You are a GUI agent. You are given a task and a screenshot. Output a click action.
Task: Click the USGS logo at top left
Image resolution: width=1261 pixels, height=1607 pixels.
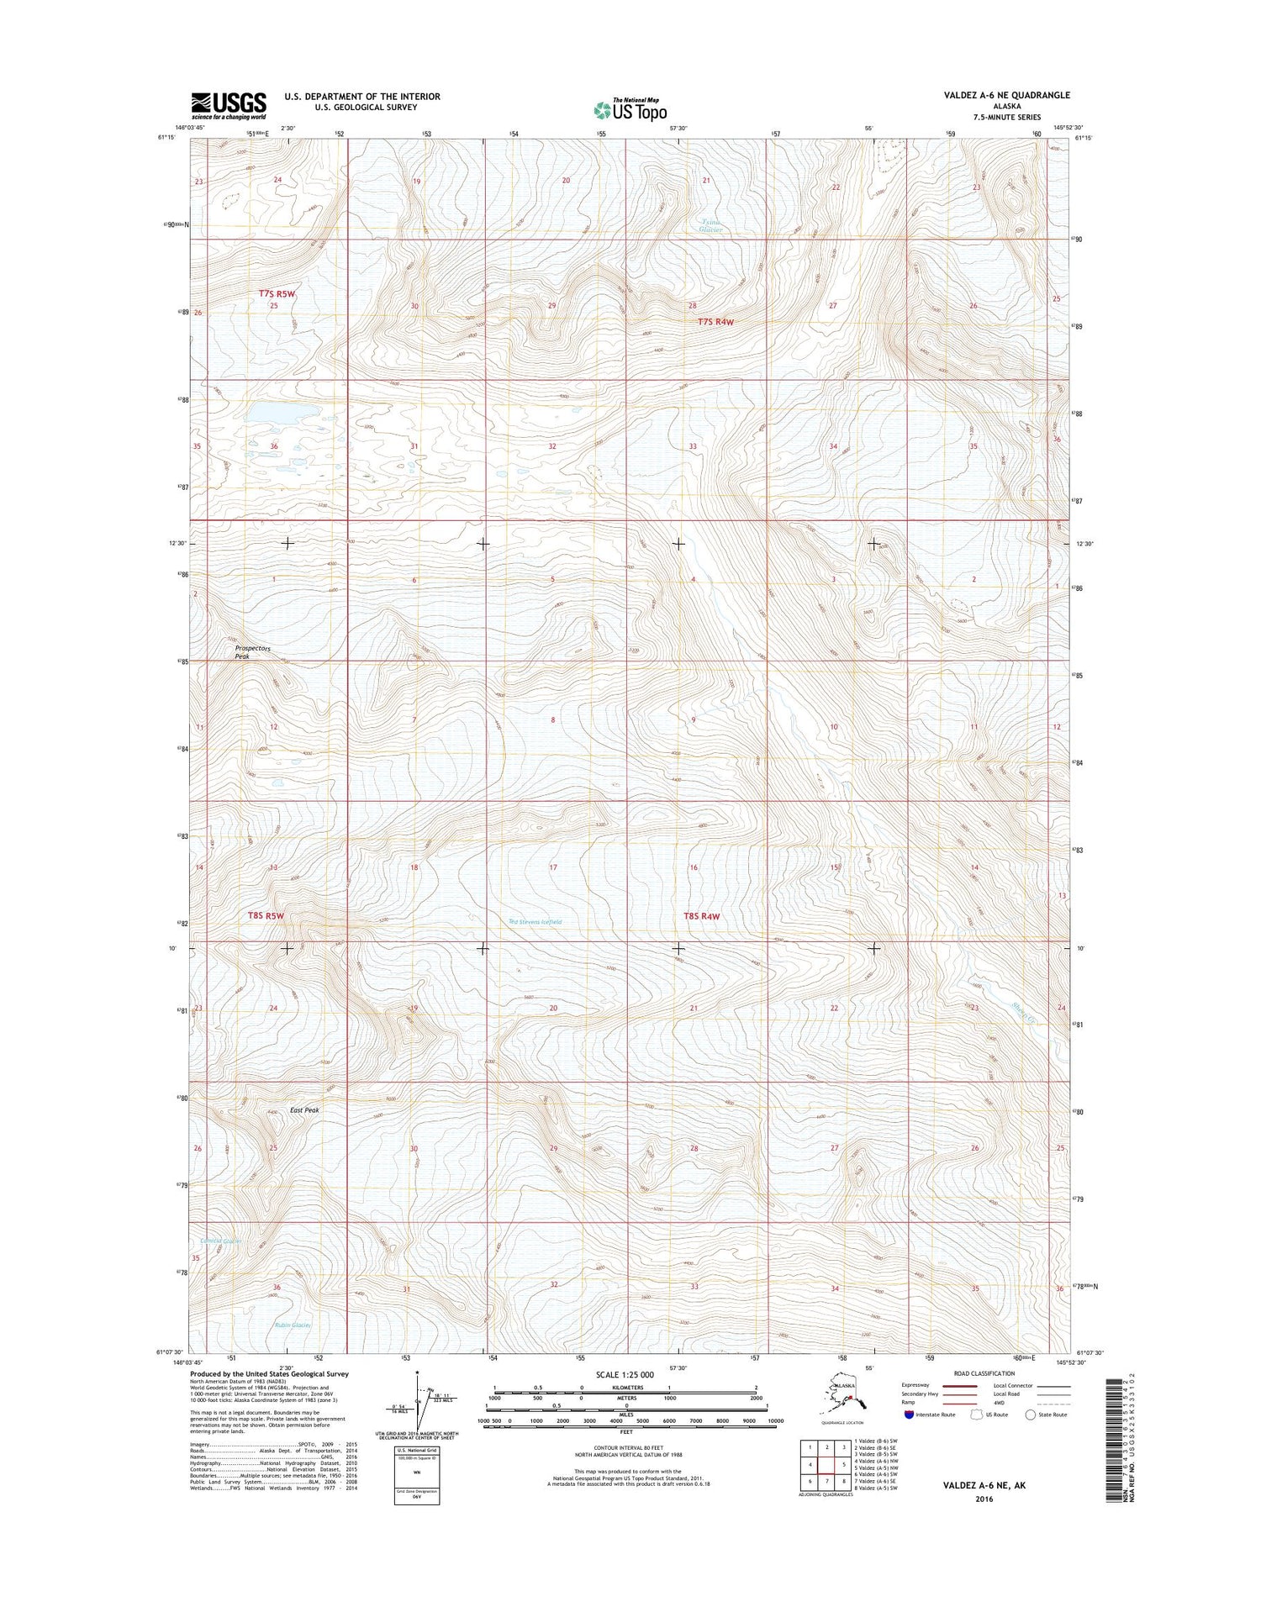pyautogui.click(x=228, y=105)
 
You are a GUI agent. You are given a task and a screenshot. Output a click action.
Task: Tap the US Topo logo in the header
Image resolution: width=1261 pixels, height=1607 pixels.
pyautogui.click(x=630, y=109)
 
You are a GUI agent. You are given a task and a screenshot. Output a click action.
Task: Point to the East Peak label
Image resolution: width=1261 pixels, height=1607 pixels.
pyautogui.click(x=304, y=1110)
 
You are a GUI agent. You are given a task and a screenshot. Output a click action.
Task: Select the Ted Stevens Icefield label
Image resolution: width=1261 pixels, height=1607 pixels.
pyautogui.click(x=535, y=922)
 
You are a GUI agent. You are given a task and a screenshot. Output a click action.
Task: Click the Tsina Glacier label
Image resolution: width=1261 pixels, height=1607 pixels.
pyautogui.click(x=711, y=225)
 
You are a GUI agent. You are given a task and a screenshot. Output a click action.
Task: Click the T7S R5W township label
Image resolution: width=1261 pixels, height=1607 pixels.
pyautogui.click(x=277, y=293)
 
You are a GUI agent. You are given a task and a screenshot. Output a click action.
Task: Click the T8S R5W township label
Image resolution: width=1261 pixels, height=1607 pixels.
pyautogui.click(x=266, y=915)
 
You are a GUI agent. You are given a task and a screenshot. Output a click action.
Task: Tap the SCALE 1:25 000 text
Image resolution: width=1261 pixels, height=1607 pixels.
pyautogui.click(x=624, y=1374)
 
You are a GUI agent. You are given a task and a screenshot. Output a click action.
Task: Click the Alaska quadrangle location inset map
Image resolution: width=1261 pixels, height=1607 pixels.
pyautogui.click(x=843, y=1399)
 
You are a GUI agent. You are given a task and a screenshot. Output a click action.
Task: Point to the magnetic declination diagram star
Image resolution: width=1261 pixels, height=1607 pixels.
pyautogui.click(x=418, y=1374)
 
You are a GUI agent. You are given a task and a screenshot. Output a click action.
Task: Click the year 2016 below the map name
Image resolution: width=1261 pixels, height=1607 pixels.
pyautogui.click(x=984, y=1499)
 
